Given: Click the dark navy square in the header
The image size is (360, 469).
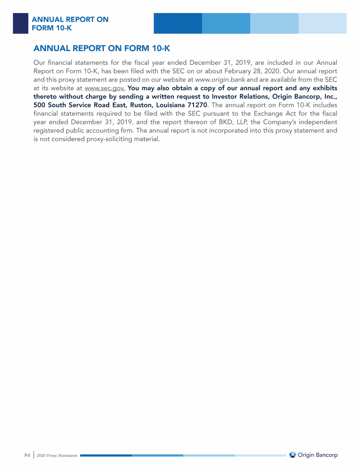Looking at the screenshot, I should click(x=20, y=23).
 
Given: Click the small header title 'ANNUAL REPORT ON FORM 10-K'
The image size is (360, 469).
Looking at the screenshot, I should click(x=69, y=23).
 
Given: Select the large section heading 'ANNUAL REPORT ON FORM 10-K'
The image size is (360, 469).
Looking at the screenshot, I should click(x=101, y=49).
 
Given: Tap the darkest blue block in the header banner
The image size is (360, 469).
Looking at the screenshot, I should click(x=178, y=23).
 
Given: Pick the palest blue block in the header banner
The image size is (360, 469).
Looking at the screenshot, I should click(x=322, y=23).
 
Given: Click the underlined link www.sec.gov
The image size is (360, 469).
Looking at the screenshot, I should click(x=105, y=88).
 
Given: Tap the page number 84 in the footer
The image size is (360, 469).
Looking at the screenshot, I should click(x=27, y=455).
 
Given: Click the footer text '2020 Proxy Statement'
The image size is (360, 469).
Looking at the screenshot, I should click(x=57, y=455).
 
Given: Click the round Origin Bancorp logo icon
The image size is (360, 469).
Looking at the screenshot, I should click(x=293, y=455).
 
